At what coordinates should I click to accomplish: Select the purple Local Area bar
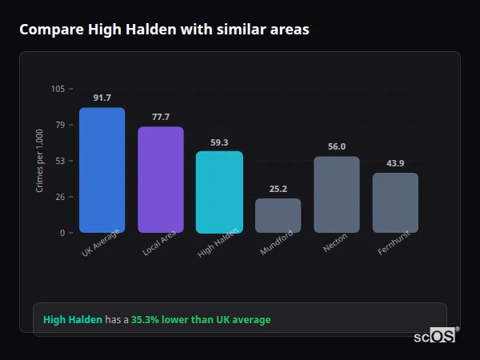pos(161,179)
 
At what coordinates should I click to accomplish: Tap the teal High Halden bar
pos(219,191)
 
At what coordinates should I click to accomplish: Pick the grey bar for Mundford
pos(278,215)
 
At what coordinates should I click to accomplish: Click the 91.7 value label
pos(102,98)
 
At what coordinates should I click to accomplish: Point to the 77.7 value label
pos(161,117)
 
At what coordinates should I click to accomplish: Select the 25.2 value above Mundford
pos(278,189)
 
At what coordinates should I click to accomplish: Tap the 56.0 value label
pos(337,146)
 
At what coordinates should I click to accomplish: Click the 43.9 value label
pos(395,163)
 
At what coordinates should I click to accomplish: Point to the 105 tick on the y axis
pos(58,89)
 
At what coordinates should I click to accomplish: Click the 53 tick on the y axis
pos(61,161)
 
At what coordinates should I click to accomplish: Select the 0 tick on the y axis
pos(62,233)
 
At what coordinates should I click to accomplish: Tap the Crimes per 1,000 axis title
pos(40,161)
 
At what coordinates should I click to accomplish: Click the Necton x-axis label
pos(334,243)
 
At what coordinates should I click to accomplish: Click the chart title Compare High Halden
pos(164,29)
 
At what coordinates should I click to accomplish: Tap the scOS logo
pos(435,336)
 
